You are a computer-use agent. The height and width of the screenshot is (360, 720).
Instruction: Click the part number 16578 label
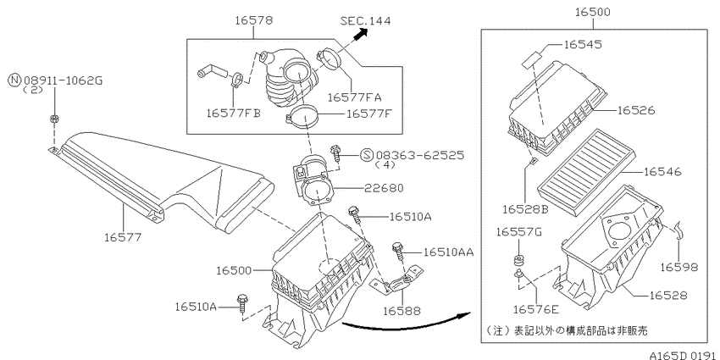pos(254,20)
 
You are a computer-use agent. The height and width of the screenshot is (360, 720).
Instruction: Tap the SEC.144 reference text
pos(366,20)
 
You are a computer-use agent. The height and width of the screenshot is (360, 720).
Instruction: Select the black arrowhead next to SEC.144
pos(363,33)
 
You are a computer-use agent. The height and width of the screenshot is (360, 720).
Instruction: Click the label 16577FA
pos(354,97)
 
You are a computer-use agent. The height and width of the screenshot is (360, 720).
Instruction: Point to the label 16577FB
pos(234,114)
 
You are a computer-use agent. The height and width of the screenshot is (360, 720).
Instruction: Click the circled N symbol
pos(14,81)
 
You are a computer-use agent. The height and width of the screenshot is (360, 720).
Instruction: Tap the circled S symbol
pos(367,155)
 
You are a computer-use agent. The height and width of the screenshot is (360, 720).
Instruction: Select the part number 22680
pos(384,188)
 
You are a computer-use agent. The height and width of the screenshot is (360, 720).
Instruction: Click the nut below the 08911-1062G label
pos(53,119)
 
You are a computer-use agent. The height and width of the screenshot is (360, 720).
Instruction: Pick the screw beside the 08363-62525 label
pos(336,153)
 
